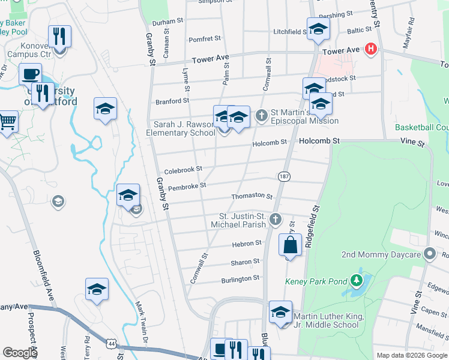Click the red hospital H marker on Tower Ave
(371, 49)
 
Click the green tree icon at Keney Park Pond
(357, 280)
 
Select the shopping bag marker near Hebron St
(290, 245)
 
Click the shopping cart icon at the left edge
(8, 122)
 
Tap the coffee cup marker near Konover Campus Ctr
(30, 74)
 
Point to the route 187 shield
(284, 176)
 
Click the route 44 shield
(112, 343)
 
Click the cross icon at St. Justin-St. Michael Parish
(275, 219)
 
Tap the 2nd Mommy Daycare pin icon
(429, 254)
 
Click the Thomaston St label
(252, 196)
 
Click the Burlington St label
(240, 278)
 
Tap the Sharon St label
(245, 262)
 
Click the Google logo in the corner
(20, 353)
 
